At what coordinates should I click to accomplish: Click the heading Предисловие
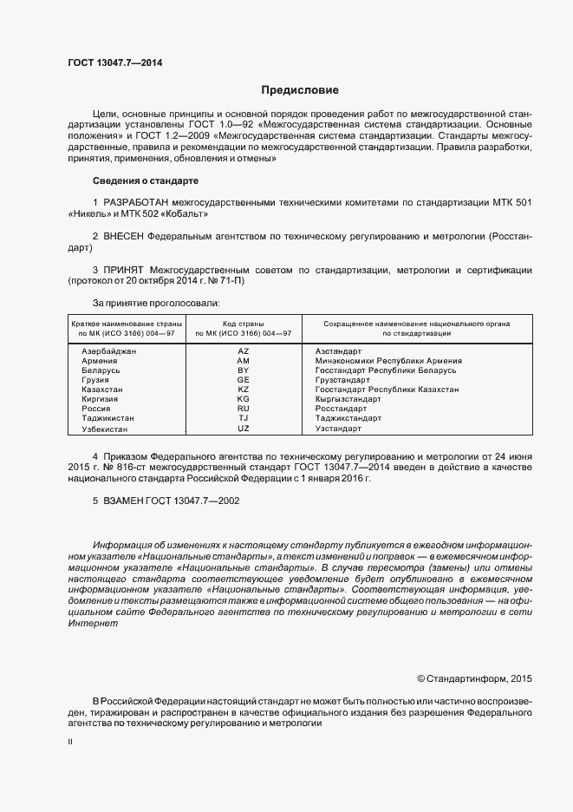coord(301,90)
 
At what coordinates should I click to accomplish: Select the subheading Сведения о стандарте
coord(145,180)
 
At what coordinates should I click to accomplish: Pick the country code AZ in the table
coord(243,350)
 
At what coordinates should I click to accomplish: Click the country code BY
coord(243,370)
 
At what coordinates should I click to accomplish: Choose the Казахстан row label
coord(102,390)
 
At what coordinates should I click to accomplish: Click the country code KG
coord(243,399)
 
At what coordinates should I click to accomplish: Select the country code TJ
coord(243,418)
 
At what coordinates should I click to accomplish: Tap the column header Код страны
coord(243,323)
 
